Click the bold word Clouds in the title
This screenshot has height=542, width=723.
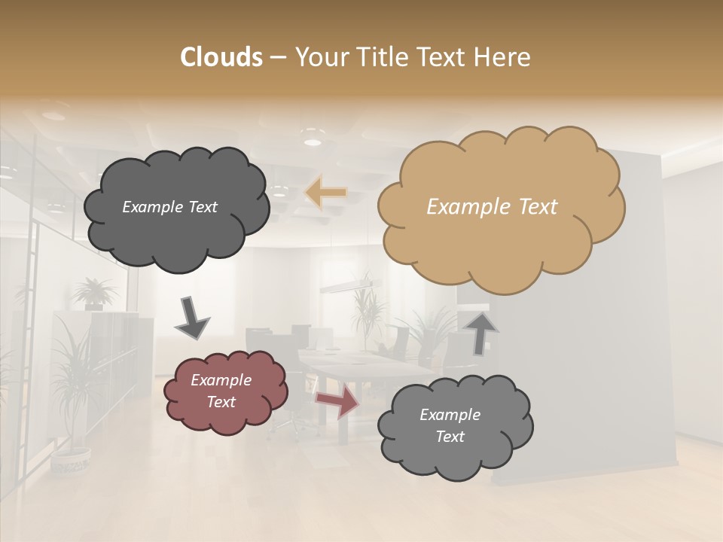[x=221, y=57]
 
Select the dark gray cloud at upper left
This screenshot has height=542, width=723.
[x=175, y=206]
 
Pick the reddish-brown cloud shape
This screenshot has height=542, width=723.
[x=225, y=391]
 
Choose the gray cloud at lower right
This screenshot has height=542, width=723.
[x=455, y=426]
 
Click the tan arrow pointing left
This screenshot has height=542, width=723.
[x=326, y=193]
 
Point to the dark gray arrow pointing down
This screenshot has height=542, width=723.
[x=192, y=316]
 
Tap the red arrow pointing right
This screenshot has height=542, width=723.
[x=337, y=400]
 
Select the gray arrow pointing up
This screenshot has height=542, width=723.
[x=482, y=332]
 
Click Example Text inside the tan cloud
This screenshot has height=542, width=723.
[x=492, y=206]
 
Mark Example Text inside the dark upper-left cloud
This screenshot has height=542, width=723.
[x=169, y=207]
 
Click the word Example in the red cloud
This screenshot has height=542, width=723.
[x=221, y=380]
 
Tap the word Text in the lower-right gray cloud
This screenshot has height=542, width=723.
[x=450, y=437]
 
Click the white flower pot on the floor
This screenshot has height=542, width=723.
[x=71, y=458]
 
